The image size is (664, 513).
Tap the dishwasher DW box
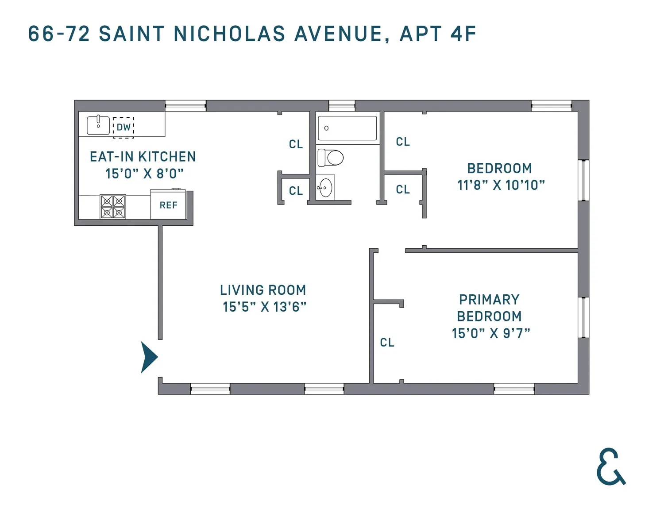[124, 127]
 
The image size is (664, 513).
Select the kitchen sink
[98, 125]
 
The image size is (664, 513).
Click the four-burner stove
[113, 207]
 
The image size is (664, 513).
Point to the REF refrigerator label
[168, 205]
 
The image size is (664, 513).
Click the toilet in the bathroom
[330, 158]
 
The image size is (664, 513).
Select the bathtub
[347, 128]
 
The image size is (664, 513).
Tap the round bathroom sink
[325, 188]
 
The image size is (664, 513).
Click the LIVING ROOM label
[263, 290]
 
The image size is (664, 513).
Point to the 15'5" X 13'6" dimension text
[264, 307]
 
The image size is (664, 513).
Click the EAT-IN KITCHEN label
[143, 157]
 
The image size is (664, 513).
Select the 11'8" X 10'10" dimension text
[501, 185]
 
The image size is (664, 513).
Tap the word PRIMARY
[489, 300]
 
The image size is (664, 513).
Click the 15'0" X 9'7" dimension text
[491, 333]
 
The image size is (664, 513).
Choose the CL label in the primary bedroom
[387, 343]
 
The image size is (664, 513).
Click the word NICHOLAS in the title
[229, 34]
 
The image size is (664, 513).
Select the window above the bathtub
[342, 106]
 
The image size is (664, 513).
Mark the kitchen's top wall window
[185, 106]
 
